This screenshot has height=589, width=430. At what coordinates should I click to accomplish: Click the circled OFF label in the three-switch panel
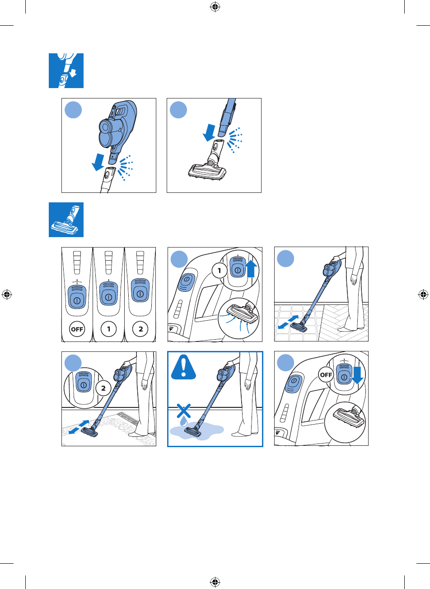tap(77, 329)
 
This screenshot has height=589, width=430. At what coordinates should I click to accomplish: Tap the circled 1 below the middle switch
tap(108, 329)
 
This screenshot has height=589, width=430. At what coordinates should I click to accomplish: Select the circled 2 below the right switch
tap(140, 329)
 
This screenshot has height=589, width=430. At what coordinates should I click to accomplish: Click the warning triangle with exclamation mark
tap(183, 367)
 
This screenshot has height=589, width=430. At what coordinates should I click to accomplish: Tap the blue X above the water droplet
tap(183, 411)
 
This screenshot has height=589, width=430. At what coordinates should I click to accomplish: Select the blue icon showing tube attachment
tap(66, 70)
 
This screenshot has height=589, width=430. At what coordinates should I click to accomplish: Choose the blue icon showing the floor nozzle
tap(66, 220)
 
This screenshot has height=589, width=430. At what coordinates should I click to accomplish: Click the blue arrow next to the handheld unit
tap(98, 162)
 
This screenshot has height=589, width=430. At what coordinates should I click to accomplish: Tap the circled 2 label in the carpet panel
tap(103, 388)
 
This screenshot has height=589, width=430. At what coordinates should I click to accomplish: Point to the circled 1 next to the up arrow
tap(220, 271)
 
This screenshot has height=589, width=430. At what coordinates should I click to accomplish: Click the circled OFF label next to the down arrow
tap(326, 374)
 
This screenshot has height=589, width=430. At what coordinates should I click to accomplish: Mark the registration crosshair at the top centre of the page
tap(215, 7)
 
